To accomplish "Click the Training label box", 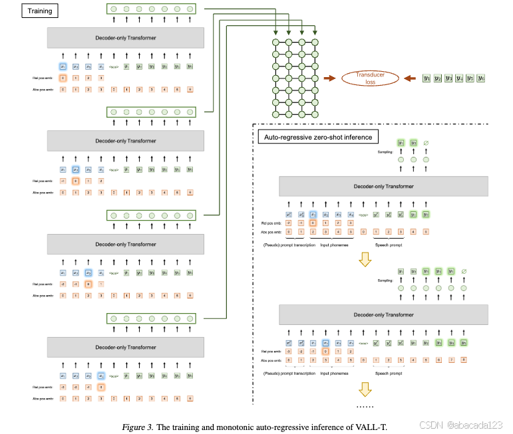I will tap(41, 11).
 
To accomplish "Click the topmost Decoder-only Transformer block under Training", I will tap(126, 38).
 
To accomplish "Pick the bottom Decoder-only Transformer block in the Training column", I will tap(126, 347).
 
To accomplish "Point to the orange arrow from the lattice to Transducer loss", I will tap(329, 78).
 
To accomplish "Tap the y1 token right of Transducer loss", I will tap(427, 78).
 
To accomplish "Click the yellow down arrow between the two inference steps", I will tap(364, 260).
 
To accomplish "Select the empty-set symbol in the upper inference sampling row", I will tap(426, 143).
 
